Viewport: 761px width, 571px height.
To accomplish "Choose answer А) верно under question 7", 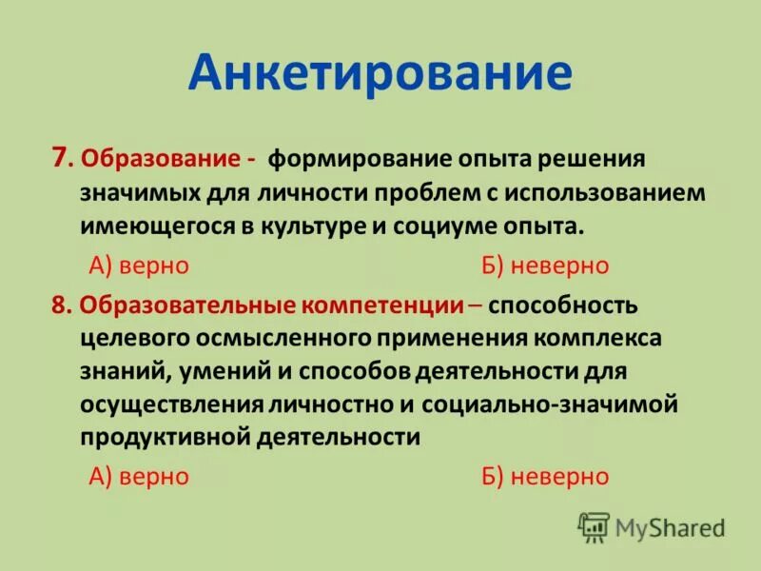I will pyautogui.click(x=139, y=266).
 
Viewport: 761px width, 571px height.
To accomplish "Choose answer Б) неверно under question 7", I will pyautogui.click(x=545, y=266).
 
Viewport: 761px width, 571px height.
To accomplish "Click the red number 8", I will pyautogui.click(x=62, y=305).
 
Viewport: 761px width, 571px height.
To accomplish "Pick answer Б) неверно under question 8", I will pyautogui.click(x=545, y=476).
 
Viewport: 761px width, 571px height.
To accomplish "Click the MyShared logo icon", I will pyautogui.click(x=595, y=526).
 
